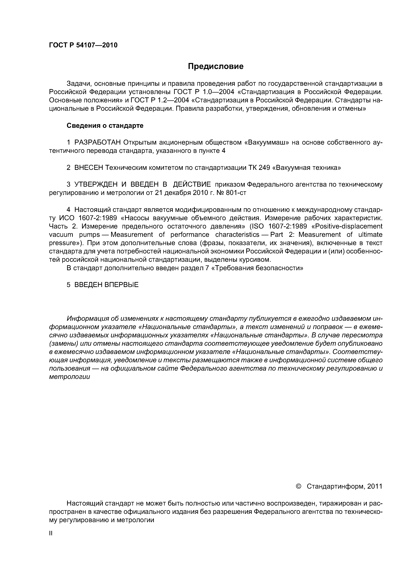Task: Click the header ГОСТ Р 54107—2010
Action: pyautogui.click(x=83, y=45)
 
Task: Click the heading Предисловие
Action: pyautogui.click(x=215, y=66)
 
